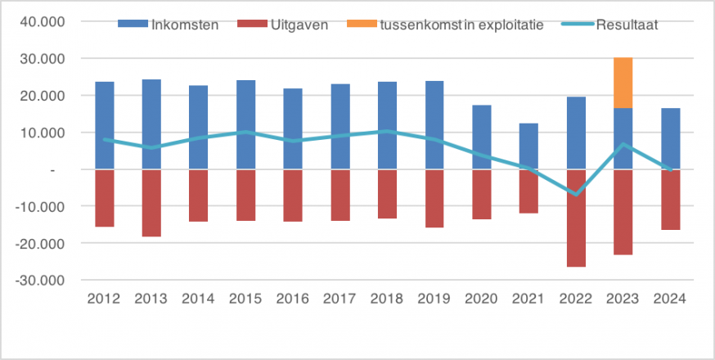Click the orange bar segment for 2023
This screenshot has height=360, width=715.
(623, 83)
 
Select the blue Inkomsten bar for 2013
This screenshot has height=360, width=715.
(151, 123)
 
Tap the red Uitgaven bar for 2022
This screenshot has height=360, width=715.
(576, 218)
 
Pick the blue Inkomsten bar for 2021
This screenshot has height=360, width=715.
(528, 146)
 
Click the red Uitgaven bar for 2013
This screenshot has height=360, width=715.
(151, 203)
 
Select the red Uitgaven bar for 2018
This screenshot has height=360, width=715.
(387, 194)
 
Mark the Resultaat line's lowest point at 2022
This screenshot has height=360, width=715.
(576, 195)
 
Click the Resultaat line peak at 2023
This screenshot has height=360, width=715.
(623, 145)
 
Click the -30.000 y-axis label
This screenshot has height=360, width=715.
(45, 280)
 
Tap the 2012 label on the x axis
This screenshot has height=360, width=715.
(104, 299)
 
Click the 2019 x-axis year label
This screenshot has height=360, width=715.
(434, 299)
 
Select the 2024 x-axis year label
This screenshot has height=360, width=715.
(670, 299)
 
